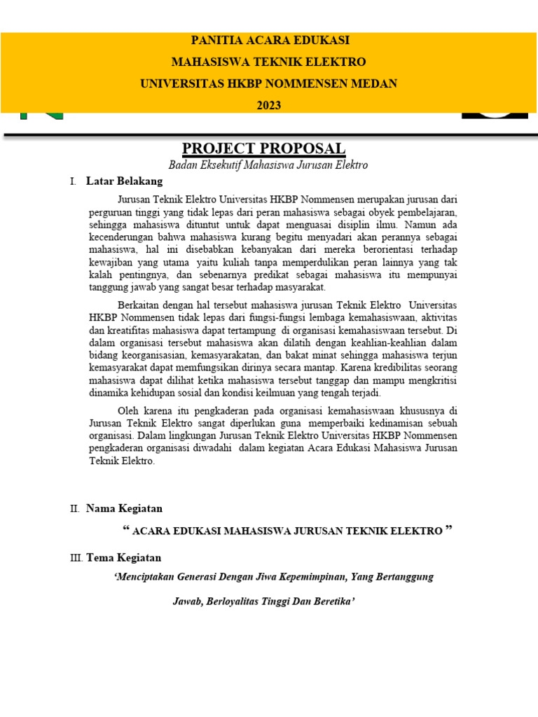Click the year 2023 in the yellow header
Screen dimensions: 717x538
pyautogui.click(x=269, y=106)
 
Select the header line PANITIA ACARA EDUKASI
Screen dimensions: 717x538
pyautogui.click(x=269, y=41)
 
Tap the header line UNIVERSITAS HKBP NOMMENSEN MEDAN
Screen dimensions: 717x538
pyautogui.click(x=269, y=84)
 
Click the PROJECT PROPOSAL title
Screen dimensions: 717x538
pyautogui.click(x=263, y=148)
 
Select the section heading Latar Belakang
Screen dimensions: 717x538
pyautogui.click(x=124, y=181)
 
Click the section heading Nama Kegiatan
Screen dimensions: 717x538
pyautogui.click(x=124, y=508)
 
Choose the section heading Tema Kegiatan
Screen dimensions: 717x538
pyautogui.click(x=123, y=558)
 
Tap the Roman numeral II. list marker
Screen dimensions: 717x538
pyautogui.click(x=75, y=508)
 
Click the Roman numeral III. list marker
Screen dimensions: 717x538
pyautogui.click(x=76, y=558)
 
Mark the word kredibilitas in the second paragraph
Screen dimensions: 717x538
pyautogui.click(x=399, y=368)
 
